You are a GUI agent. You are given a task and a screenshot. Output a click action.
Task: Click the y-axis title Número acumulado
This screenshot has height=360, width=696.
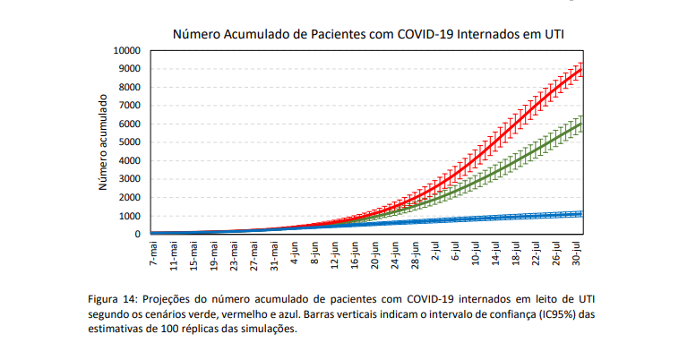tap(103, 143)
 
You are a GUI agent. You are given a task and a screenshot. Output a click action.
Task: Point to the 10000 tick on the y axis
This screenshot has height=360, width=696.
tap(126, 50)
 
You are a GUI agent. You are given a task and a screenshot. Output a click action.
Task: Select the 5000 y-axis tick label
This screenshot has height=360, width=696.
tap(130, 142)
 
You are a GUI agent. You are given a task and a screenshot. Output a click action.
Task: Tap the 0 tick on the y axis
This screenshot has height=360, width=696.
tap(138, 235)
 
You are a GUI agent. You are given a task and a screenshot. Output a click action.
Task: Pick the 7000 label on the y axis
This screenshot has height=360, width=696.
tap(130, 106)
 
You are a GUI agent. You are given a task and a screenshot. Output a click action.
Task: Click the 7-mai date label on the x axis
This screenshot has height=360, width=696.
tap(153, 254)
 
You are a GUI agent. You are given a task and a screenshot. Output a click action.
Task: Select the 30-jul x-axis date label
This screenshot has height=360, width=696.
tap(577, 254)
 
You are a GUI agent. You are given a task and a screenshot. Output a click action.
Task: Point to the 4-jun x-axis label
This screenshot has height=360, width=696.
tap(295, 254)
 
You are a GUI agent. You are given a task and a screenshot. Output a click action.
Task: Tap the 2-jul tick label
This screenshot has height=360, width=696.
tap(435, 254)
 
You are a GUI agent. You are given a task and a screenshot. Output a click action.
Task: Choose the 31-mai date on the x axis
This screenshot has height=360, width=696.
tap(274, 256)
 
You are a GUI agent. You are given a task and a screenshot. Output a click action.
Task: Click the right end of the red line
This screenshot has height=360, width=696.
tap(582, 66)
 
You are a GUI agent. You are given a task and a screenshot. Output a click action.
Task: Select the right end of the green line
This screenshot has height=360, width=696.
tap(582, 124)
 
